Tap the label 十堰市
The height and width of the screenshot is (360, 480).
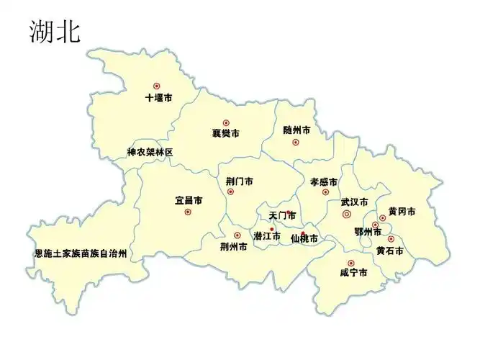click(158, 97)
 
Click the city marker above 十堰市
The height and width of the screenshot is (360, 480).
click(156, 86)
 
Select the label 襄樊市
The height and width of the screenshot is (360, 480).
click(225, 133)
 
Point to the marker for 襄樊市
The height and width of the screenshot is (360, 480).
click(225, 122)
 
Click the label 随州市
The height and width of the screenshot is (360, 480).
click(296, 130)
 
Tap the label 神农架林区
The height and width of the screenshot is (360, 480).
click(150, 152)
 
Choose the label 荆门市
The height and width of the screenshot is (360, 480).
click(239, 181)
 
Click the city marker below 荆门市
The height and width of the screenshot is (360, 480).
click(230, 192)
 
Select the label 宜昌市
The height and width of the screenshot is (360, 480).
click(189, 199)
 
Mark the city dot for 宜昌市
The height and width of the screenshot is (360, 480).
click(188, 212)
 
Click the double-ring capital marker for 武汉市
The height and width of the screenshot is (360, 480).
click(347, 214)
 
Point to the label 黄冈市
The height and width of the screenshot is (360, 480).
click(402, 211)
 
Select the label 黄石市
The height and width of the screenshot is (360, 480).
click(389, 251)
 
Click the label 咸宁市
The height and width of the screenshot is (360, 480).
click(353, 273)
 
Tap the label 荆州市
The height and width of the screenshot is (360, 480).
click(233, 246)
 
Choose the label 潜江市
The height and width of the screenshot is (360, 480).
click(266, 236)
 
